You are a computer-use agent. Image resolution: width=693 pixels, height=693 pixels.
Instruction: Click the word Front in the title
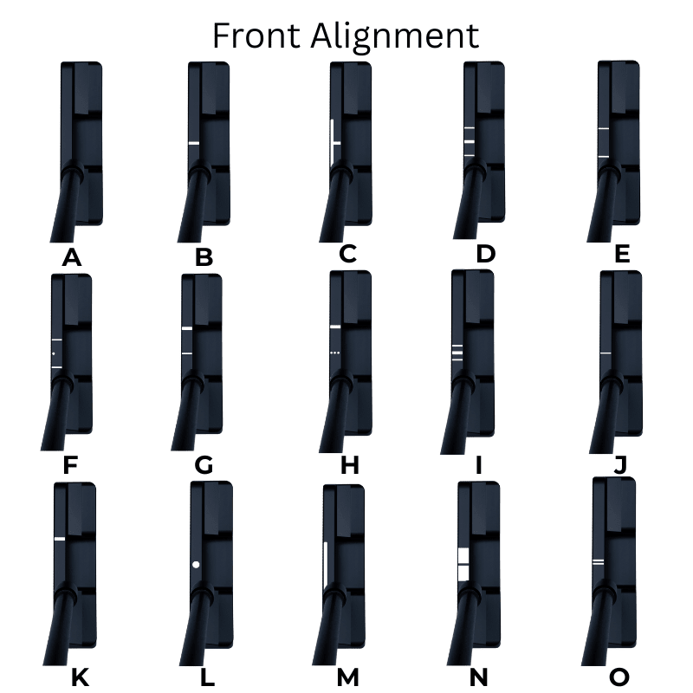256,36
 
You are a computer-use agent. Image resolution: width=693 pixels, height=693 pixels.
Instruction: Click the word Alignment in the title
395,38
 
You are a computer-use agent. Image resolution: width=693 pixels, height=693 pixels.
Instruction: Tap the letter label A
72,257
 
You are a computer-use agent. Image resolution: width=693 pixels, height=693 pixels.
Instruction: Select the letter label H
350,465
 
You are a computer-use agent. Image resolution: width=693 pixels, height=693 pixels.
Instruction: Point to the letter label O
619,677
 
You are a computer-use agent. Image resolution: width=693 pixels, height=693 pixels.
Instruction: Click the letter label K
80,677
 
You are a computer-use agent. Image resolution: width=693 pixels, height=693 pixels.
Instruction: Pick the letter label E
622,254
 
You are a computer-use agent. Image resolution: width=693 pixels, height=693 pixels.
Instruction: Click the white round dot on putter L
196,565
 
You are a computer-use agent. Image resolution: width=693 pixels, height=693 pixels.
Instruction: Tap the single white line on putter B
193,143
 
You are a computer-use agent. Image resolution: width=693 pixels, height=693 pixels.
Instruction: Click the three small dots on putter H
335,353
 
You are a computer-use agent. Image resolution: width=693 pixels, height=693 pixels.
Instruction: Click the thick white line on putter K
60,539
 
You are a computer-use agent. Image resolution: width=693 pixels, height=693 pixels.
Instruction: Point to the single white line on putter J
606,353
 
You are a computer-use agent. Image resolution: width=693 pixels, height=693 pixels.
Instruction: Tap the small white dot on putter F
54,353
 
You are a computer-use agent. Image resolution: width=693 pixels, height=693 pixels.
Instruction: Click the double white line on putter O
598,562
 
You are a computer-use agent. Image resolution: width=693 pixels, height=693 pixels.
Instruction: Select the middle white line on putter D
470,142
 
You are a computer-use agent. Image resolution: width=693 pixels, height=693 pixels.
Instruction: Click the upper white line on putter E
604,128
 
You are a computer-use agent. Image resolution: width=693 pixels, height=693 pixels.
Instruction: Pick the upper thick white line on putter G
187,328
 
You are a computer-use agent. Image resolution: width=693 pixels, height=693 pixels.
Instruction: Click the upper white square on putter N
463,555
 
